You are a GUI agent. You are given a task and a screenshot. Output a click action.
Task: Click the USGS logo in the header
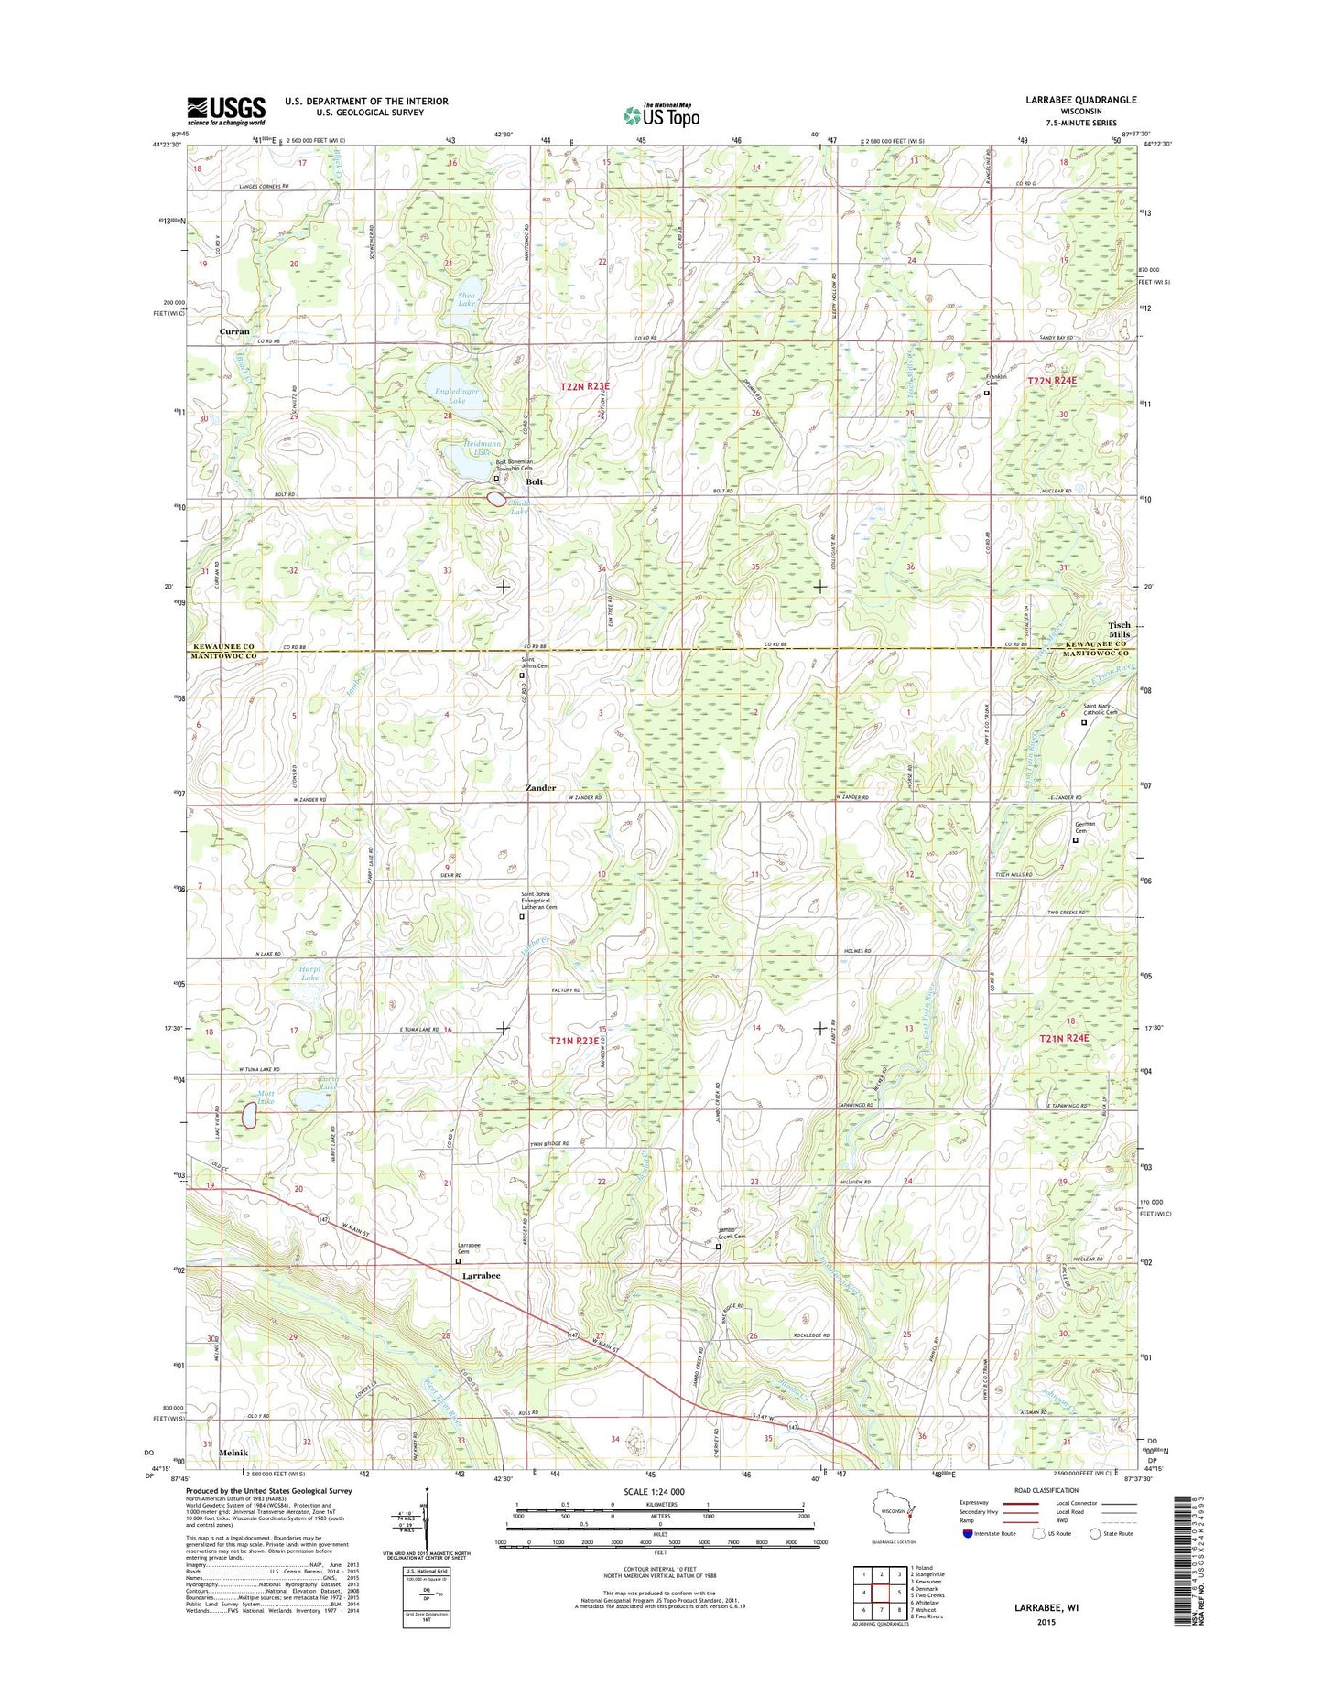(x=226, y=111)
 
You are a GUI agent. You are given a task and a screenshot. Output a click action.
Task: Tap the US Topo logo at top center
(x=661, y=115)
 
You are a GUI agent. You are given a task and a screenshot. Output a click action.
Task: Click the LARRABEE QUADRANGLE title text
(x=1083, y=100)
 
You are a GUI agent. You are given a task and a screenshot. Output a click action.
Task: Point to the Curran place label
(x=234, y=331)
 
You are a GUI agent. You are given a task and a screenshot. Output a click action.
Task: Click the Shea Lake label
(x=467, y=299)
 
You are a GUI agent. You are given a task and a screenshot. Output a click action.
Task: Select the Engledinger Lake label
(x=457, y=396)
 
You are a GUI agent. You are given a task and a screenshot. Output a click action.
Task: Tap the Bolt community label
(x=535, y=481)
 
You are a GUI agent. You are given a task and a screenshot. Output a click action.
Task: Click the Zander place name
(x=540, y=787)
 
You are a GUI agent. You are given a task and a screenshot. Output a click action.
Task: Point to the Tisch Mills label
(x=1120, y=630)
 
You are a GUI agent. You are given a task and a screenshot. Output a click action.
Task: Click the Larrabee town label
(x=481, y=1275)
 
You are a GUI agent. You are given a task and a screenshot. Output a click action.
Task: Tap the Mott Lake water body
(x=247, y=1115)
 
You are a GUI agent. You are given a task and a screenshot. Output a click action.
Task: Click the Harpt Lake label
(x=309, y=973)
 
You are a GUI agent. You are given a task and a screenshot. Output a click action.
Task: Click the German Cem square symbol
(x=1076, y=840)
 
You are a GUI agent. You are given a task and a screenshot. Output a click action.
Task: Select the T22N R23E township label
(x=585, y=387)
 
